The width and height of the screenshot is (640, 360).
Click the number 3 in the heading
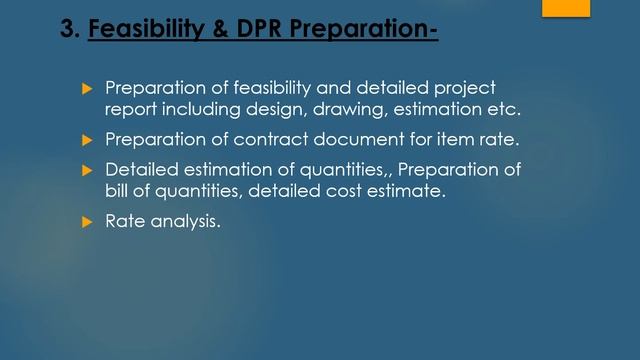coord(68,30)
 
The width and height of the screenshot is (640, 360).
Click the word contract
coord(267,139)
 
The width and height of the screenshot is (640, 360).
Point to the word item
coord(441,139)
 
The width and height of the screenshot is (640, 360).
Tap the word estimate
coord(410,191)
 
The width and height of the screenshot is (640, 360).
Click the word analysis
coord(184,222)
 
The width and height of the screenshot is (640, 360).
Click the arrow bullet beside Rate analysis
coord(87,222)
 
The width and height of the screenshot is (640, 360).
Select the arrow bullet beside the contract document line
coord(87,139)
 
